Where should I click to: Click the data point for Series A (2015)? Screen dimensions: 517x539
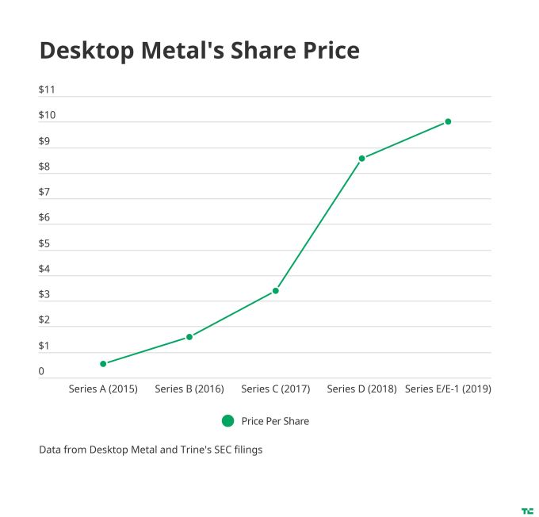[x=103, y=364]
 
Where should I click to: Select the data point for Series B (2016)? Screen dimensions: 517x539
[x=189, y=337]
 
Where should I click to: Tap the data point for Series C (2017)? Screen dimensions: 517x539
[x=276, y=291]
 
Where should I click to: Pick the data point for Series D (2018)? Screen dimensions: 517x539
[x=362, y=159]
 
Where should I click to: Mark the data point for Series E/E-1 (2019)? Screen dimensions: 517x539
[x=448, y=121]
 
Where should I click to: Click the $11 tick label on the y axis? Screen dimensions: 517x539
[x=47, y=90]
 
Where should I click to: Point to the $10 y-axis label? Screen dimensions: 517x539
[x=47, y=116]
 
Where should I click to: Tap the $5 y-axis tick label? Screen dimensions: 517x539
[x=44, y=243]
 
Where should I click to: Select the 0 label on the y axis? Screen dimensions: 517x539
[x=41, y=372]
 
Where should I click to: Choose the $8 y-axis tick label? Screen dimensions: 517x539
[x=44, y=167]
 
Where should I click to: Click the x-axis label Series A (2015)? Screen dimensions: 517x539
[x=103, y=389]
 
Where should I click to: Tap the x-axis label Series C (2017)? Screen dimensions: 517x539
[x=276, y=389]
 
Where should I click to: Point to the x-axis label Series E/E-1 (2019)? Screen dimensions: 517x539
[x=448, y=389]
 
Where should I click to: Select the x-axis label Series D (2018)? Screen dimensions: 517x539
[x=362, y=389]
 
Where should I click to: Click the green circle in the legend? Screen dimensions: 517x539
[x=227, y=421]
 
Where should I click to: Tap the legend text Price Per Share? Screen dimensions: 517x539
[x=275, y=421]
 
